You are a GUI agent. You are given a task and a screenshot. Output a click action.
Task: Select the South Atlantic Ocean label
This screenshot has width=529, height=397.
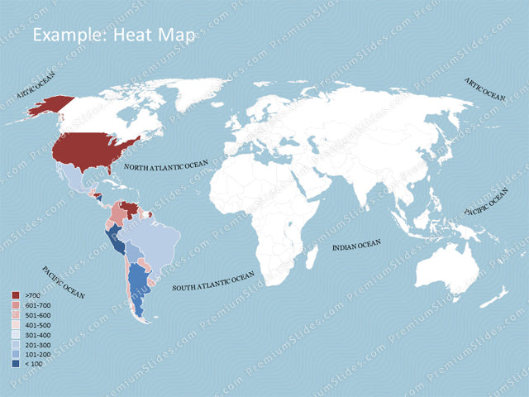tap(213, 282)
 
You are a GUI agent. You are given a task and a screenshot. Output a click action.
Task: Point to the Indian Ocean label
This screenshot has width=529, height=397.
tap(356, 246)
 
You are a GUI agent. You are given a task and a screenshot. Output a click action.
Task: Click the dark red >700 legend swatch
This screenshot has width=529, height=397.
tap(17, 295)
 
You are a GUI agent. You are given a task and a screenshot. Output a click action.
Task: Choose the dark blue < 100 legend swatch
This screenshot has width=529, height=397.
tap(17, 363)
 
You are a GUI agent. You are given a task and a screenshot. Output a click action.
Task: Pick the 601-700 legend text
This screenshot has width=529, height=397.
tap(38, 305)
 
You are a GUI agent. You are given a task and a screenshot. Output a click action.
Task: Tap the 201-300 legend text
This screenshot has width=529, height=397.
tap(38, 344)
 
